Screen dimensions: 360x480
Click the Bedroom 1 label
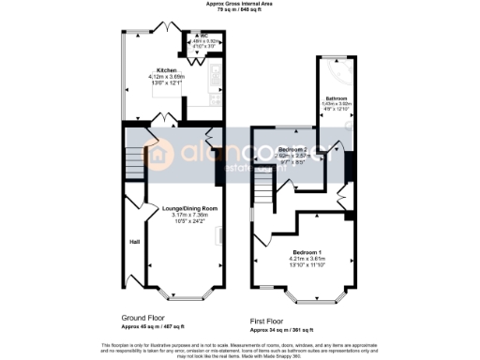(x=307, y=253)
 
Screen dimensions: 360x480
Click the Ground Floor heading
(x=147, y=318)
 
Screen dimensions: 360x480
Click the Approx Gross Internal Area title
(x=240, y=4)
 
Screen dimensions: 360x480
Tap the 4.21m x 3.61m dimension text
(x=307, y=260)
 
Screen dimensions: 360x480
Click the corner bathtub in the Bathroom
(x=339, y=69)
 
